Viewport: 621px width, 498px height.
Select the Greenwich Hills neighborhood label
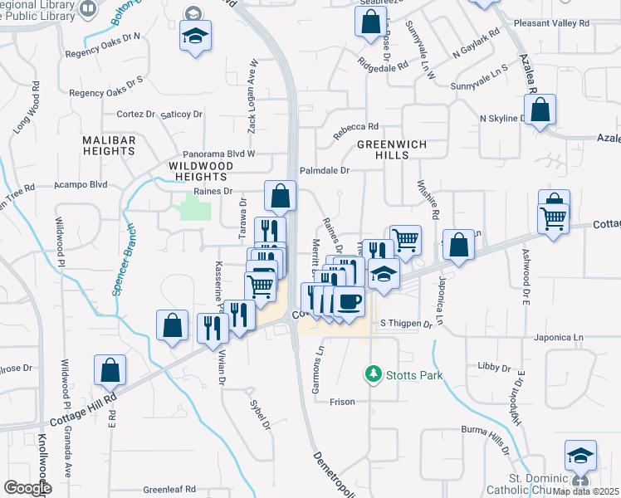click(392, 149)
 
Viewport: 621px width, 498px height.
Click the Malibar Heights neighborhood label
click(109, 146)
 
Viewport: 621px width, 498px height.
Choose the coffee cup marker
click(350, 301)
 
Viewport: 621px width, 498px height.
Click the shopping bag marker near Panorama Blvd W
click(281, 197)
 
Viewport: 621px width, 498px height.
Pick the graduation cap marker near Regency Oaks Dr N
click(195, 37)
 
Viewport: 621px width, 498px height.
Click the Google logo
click(27, 488)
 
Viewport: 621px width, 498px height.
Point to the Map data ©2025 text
click(585, 491)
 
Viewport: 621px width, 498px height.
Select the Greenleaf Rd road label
click(169, 490)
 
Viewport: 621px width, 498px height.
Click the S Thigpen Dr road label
click(407, 323)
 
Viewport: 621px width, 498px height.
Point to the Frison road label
click(342, 402)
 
